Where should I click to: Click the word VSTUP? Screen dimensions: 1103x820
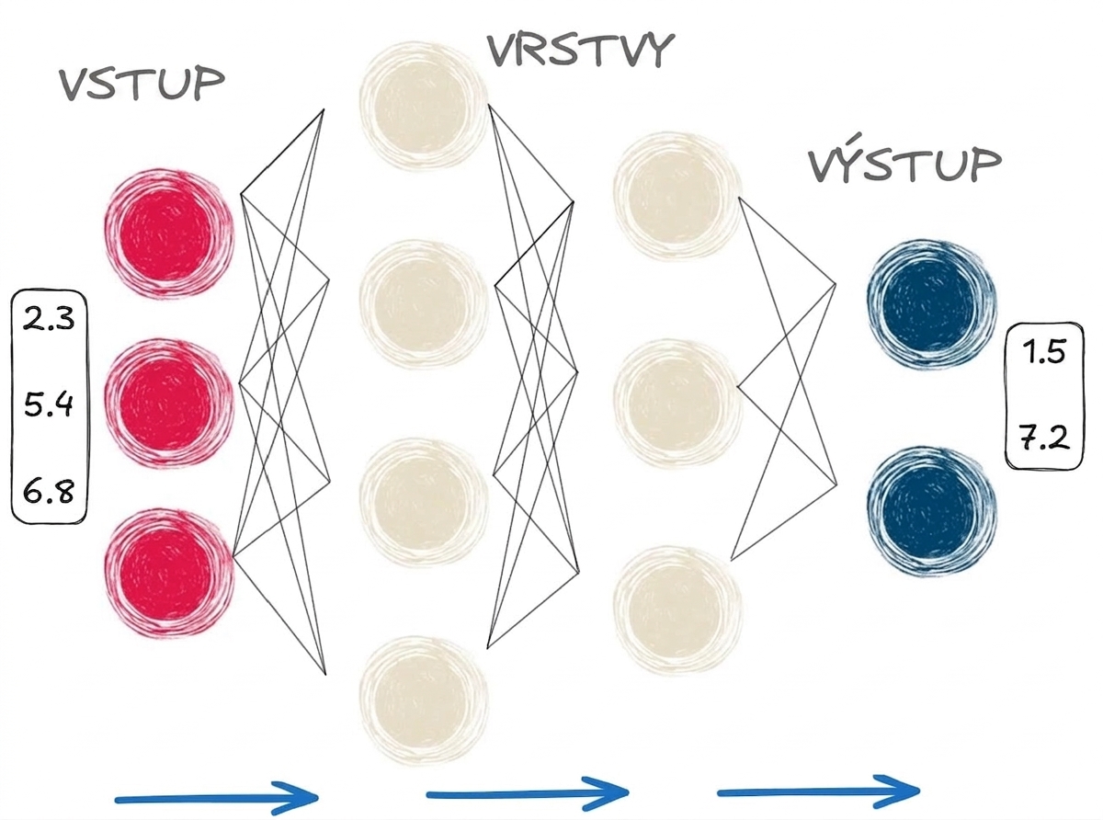pyautogui.click(x=142, y=84)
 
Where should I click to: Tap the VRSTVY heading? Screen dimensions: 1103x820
pyautogui.click(x=580, y=51)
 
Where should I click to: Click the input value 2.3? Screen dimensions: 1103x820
pyautogui.click(x=49, y=318)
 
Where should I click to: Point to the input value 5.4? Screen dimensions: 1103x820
pyautogui.click(x=49, y=404)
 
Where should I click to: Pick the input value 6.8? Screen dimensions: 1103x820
pyautogui.click(x=49, y=492)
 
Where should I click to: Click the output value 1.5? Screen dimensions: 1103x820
pyautogui.click(x=1044, y=352)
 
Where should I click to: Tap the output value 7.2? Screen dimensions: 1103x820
pyautogui.click(x=1044, y=438)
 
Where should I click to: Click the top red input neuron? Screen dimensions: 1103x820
pyautogui.click(x=169, y=233)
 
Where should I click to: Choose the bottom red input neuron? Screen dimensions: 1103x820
pyautogui.click(x=169, y=574)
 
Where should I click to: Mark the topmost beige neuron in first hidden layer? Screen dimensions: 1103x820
pyautogui.click(x=424, y=106)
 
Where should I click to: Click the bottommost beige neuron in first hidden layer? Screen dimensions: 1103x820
pyautogui.click(x=424, y=700)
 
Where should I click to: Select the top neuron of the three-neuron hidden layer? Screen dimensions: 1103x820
pyautogui.click(x=678, y=196)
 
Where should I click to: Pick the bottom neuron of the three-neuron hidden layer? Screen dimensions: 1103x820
pyautogui.click(x=678, y=611)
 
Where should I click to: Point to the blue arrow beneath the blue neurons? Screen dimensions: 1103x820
pyautogui.click(x=819, y=792)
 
